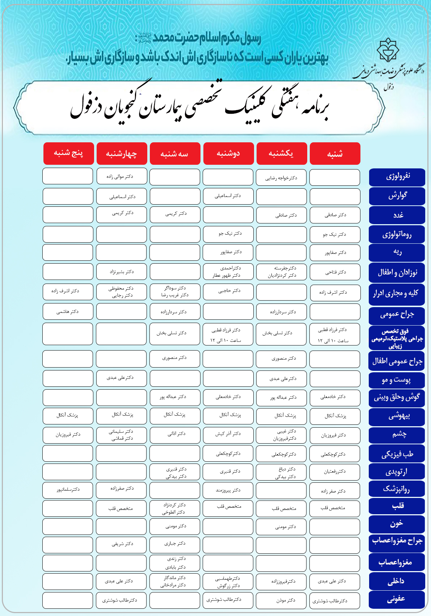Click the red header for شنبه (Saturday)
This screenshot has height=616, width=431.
click(x=335, y=154)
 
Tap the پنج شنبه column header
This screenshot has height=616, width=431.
click(x=68, y=154)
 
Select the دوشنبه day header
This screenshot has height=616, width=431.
click(x=228, y=154)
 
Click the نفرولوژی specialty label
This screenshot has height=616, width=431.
click(x=397, y=177)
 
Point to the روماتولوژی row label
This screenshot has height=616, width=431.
click(x=397, y=234)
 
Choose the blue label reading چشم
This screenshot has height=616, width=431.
click(x=397, y=434)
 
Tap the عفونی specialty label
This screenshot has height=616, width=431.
click(x=397, y=599)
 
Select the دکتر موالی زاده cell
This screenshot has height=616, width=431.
click(x=122, y=176)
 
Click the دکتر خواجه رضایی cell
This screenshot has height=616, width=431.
click(x=281, y=178)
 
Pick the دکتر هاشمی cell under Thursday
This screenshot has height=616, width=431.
click(x=68, y=311)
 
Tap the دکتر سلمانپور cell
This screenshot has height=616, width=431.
click(x=68, y=490)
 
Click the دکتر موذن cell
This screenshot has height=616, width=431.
click(x=281, y=600)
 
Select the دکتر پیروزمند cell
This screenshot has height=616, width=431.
click(x=228, y=490)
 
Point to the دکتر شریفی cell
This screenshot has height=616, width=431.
click(x=122, y=544)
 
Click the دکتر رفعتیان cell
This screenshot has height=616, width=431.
click(x=335, y=472)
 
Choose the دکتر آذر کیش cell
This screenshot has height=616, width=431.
click(x=228, y=433)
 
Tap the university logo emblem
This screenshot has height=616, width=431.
click(x=388, y=51)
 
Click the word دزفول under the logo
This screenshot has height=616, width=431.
click(x=389, y=87)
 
